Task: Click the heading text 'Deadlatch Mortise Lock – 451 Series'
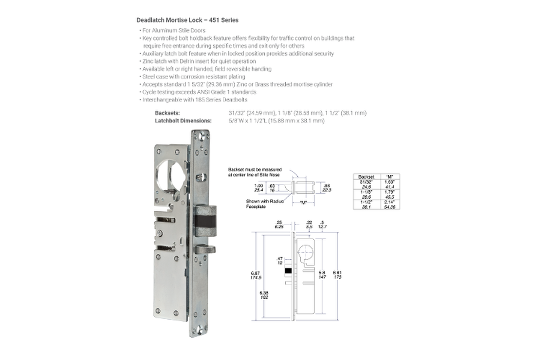tap(187, 20)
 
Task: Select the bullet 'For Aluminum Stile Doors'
tap(173, 30)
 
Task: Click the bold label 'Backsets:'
tap(167, 113)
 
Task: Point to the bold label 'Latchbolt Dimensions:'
tap(183, 121)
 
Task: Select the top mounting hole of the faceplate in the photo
tap(200, 136)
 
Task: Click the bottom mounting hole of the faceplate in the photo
tap(200, 330)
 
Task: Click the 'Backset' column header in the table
tap(366, 176)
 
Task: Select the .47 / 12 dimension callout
tap(279, 260)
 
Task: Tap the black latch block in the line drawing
tap(289, 271)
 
